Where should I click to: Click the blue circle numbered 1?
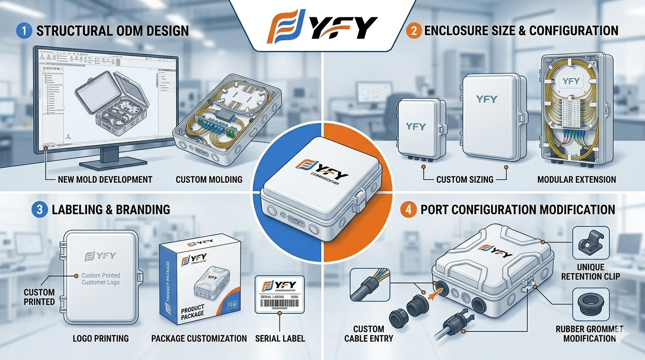click(x=23, y=31)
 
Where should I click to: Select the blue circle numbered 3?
click(x=39, y=209)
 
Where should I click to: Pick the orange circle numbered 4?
click(x=408, y=209)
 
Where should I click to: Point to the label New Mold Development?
click(x=105, y=179)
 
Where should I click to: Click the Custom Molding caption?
click(x=209, y=179)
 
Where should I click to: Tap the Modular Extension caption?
click(x=577, y=179)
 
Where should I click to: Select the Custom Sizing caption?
click(x=465, y=179)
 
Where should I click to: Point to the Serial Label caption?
click(x=279, y=338)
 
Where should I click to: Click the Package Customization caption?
click(x=199, y=338)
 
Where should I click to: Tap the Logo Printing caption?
click(x=101, y=338)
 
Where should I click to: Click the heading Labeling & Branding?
click(x=111, y=209)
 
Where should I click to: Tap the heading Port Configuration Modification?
click(x=517, y=209)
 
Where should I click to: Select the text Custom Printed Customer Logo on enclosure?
click(x=100, y=279)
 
